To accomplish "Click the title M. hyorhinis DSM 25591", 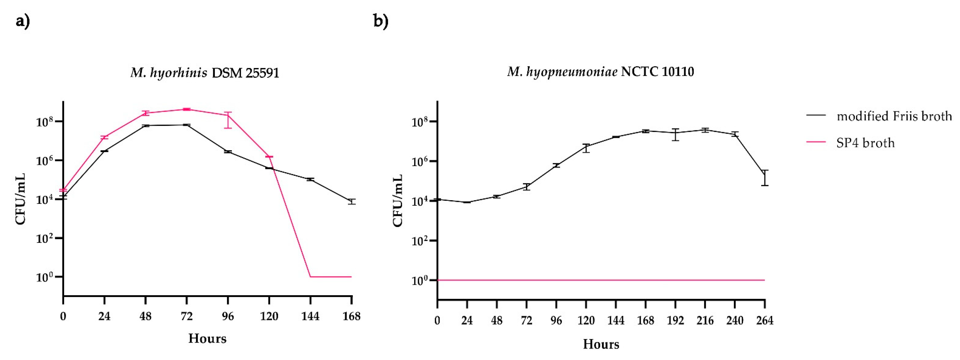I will (205, 72).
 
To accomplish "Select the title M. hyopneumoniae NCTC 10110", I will (600, 71).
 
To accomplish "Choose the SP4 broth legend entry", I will (865, 143).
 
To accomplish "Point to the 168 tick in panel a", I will (352, 316).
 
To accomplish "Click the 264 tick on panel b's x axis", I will (765, 321).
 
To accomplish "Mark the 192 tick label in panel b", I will (675, 321).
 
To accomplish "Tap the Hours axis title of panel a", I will (207, 338).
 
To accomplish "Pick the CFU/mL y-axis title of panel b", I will (398, 200).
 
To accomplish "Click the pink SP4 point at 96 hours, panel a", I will (228, 115).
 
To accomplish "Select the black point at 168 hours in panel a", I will (352, 202).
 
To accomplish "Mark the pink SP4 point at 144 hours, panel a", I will (310, 277).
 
